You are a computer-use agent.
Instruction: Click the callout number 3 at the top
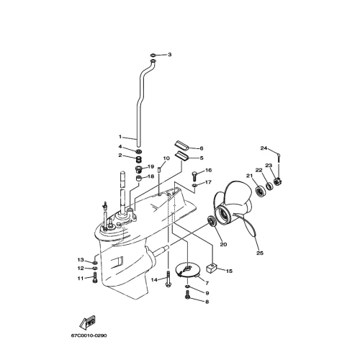tap(170, 55)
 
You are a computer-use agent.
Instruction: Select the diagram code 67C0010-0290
tap(89, 336)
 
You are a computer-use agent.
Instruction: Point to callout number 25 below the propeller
tap(260, 253)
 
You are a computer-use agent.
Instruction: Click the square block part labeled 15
tap(212, 269)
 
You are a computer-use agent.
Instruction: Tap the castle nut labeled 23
tap(277, 181)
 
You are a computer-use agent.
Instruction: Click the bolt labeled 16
tap(194, 176)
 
